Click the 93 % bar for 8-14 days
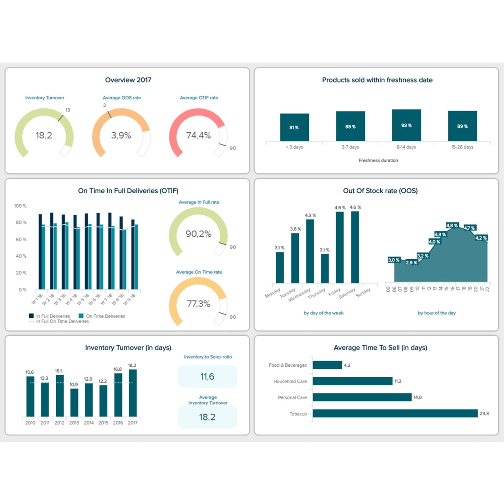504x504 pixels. point(406,125)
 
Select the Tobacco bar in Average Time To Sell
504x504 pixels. point(395,413)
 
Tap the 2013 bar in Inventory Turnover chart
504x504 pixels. point(74,403)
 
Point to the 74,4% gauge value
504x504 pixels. point(199,135)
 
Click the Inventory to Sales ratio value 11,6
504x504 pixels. point(207,376)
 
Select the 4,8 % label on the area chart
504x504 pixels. point(452,225)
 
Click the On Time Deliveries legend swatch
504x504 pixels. point(81,316)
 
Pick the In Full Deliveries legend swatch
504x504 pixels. point(31,316)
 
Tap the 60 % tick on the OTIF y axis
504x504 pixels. point(21,240)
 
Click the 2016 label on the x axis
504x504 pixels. point(118,423)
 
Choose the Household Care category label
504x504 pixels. point(290,381)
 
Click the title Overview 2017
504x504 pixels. point(128,80)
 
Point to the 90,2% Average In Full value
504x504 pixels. point(198,234)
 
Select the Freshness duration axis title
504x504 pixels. point(378,160)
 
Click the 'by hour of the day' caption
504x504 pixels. point(436,313)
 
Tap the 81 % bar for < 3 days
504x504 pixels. point(294,127)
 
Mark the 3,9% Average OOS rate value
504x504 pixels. point(121,135)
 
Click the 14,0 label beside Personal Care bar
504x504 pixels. point(417,397)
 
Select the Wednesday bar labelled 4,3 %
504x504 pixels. point(310,251)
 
